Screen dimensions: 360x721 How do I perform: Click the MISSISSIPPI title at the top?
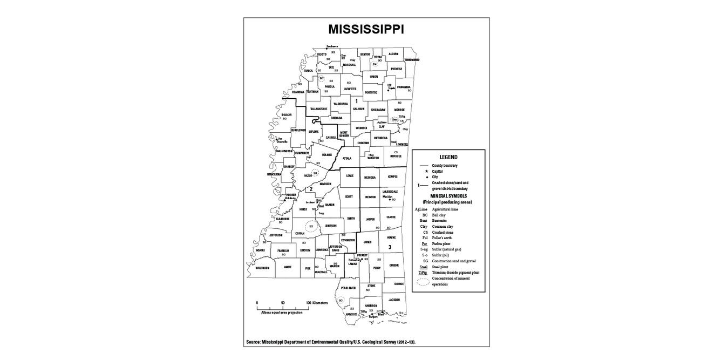(366, 29)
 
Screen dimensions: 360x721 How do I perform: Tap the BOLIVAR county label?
(286, 114)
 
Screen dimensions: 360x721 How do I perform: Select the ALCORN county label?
(393, 54)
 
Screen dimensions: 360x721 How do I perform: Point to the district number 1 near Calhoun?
(356, 101)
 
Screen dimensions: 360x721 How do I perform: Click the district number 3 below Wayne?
(390, 247)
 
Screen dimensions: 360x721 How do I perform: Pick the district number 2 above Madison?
(311, 189)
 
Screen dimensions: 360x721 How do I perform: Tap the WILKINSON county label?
(262, 268)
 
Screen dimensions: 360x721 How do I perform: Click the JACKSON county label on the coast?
(394, 300)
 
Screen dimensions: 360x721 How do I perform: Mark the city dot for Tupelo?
(389, 90)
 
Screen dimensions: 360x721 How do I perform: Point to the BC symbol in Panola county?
(322, 78)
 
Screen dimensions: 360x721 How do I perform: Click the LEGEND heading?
(448, 157)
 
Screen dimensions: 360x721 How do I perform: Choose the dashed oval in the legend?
(424, 281)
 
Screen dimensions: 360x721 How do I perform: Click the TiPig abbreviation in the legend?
(423, 273)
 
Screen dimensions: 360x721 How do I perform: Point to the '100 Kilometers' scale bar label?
(317, 303)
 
